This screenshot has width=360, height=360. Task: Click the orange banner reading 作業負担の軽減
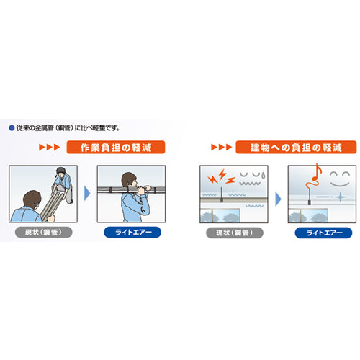click(116, 147)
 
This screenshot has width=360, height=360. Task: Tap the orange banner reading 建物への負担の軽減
click(295, 147)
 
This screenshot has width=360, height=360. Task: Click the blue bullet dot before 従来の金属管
click(12, 128)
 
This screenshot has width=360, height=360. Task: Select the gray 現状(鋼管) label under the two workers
click(41, 233)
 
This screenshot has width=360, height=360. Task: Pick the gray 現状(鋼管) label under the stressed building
click(230, 233)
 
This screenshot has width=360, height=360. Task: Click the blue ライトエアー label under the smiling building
click(320, 233)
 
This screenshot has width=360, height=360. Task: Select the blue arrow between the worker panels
click(86, 193)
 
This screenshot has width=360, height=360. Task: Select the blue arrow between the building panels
click(276, 193)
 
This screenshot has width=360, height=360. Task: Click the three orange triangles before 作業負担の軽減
click(48, 147)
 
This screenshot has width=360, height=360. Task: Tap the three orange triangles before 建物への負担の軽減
click(219, 147)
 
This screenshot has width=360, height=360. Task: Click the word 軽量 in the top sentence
click(102, 128)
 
